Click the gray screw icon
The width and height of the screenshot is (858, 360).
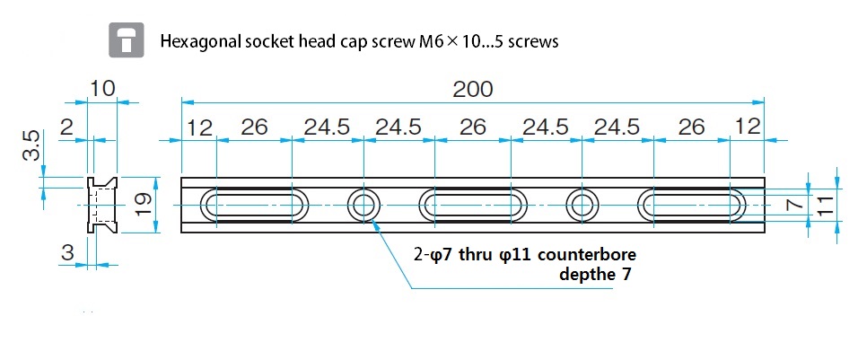point(127,40)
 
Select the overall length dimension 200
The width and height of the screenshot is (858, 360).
point(473,90)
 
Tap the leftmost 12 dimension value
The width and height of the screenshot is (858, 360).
point(199,127)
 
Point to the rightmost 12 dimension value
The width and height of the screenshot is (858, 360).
point(748,127)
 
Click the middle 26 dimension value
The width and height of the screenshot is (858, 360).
point(473,127)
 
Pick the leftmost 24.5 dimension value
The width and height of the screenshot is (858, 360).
point(327,127)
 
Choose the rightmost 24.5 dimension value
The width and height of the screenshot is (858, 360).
point(617,127)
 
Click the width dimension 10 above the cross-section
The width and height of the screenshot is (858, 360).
point(102,89)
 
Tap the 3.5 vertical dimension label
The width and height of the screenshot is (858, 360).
point(31,145)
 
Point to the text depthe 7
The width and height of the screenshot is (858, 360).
point(595,274)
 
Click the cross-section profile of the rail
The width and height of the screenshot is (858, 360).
point(89,206)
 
